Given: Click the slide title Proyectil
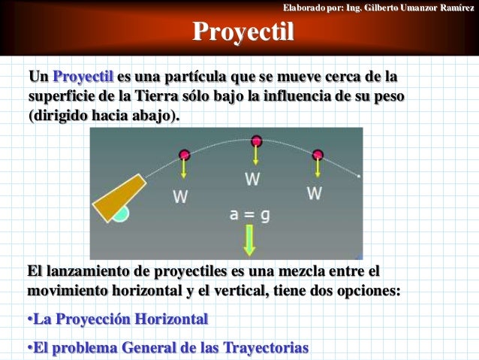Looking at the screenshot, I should point(243,32).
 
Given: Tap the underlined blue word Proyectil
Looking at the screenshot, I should point(83,77).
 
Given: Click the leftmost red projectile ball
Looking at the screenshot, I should point(185,156).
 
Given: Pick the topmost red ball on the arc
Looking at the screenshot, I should point(256,141).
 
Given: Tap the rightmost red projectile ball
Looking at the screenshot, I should point(318,156).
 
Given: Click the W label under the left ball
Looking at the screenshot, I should point(180,197).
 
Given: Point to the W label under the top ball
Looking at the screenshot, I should point(253,180).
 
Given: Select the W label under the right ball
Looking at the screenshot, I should point(314,193).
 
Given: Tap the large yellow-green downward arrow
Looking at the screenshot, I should point(250,240).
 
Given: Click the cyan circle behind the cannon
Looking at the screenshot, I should point(120,213).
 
